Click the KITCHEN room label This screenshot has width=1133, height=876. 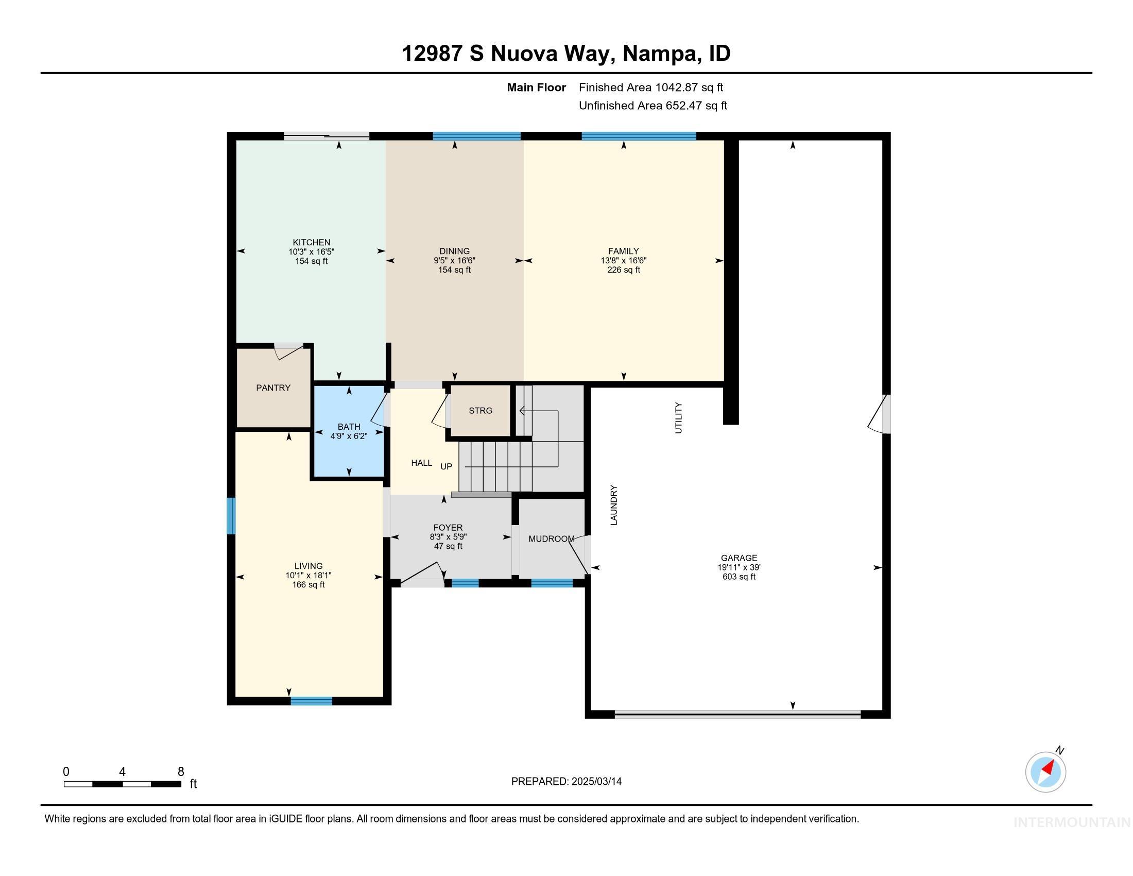click(311, 242)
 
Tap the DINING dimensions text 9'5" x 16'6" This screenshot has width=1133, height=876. click(454, 261)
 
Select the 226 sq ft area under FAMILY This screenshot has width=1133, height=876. click(624, 270)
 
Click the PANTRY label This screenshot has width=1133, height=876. click(273, 388)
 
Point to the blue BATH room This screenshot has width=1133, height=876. click(349, 446)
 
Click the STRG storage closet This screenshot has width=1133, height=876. click(480, 411)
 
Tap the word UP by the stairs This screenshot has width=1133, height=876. click(446, 466)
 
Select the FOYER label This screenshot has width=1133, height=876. click(448, 528)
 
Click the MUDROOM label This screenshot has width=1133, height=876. click(552, 538)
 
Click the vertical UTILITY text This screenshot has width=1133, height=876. click(678, 417)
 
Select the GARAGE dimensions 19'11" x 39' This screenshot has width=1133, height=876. click(739, 567)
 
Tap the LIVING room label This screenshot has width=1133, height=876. click(308, 566)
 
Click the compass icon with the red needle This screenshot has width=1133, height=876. click(1045, 772)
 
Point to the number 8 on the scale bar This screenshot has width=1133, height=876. click(181, 772)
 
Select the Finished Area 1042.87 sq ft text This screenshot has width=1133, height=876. click(650, 87)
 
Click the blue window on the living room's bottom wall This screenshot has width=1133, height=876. click(311, 701)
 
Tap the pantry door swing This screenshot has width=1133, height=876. click(288, 351)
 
